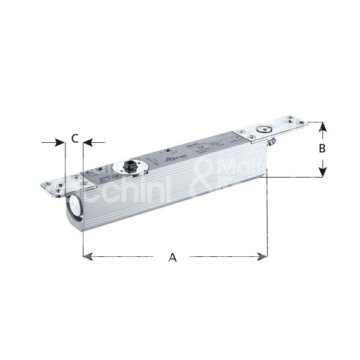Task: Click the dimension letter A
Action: [172, 257]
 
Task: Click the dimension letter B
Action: [322, 148]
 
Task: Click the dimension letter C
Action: [73, 139]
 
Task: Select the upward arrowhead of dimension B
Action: [322, 127]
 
